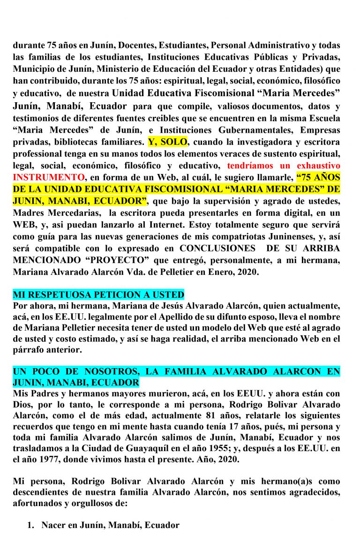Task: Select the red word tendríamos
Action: (x=250, y=166)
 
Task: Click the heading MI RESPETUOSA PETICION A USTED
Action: (x=98, y=295)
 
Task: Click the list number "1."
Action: (x=31, y=525)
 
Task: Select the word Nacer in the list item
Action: (x=53, y=525)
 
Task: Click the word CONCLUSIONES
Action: (x=217, y=248)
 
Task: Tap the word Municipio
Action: (x=32, y=69)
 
